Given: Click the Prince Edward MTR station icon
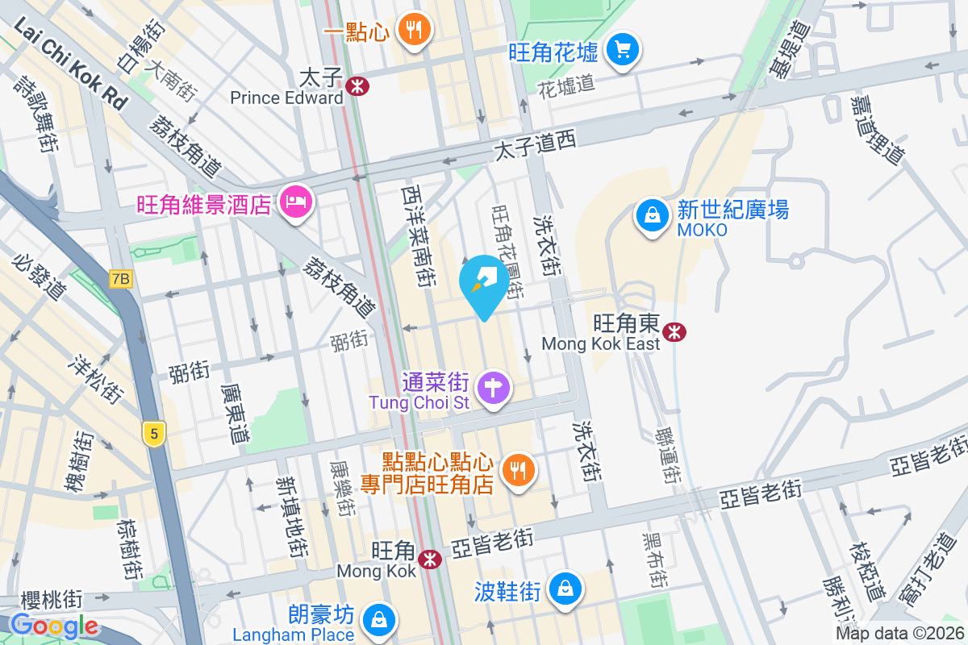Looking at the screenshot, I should (x=357, y=85).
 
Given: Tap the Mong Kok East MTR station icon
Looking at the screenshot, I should (x=674, y=331).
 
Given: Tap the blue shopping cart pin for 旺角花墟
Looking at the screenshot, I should (x=622, y=50).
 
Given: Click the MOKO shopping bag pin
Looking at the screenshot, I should (x=651, y=215).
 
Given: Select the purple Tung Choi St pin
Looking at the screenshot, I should (x=494, y=388).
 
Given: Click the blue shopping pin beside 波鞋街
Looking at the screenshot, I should (x=566, y=589).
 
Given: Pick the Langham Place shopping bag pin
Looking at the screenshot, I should (x=377, y=619).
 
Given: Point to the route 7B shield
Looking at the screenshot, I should (x=120, y=279).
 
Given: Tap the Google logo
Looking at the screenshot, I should (x=55, y=626).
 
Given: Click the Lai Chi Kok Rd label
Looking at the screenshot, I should (x=70, y=64).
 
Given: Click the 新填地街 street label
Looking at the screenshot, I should (x=291, y=516).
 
